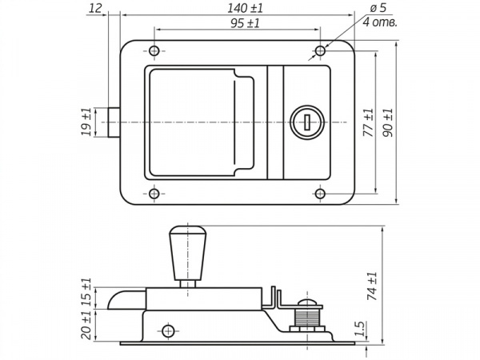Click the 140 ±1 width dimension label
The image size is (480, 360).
245,8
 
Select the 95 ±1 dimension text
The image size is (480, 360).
245,23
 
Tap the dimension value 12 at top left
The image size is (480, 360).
95,8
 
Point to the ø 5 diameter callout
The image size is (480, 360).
378,8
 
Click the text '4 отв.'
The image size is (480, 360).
380,22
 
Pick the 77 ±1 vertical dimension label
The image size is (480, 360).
368,122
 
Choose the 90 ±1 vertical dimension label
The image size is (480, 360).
387,122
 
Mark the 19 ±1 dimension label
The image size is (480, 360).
86,122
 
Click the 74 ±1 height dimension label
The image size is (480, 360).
372,286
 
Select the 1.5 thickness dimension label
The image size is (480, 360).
362,329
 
